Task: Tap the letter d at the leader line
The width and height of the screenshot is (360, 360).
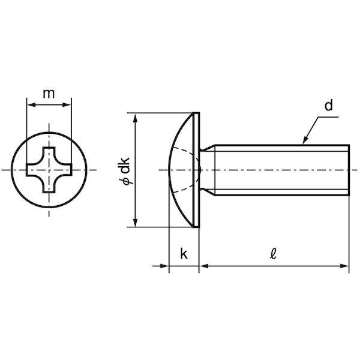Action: pos(329,106)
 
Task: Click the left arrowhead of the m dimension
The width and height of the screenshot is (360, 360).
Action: pos(30,106)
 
